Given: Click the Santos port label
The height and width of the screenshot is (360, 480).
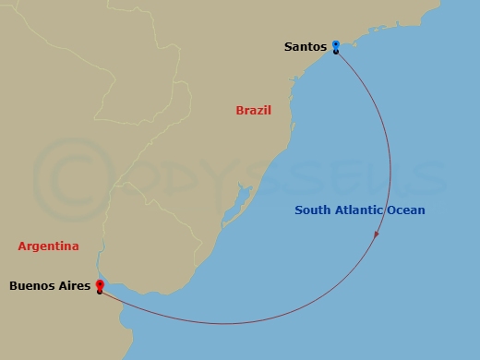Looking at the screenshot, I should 306,46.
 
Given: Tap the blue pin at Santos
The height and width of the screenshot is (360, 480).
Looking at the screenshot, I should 336,44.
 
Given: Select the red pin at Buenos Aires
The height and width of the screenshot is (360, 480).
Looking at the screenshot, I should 99,285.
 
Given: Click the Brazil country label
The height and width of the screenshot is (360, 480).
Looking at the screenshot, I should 254,111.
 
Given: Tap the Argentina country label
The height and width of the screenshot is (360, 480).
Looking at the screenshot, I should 48,246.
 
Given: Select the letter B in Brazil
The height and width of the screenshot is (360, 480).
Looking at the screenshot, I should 240,111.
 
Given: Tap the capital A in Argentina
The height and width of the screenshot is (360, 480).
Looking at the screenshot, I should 22,246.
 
